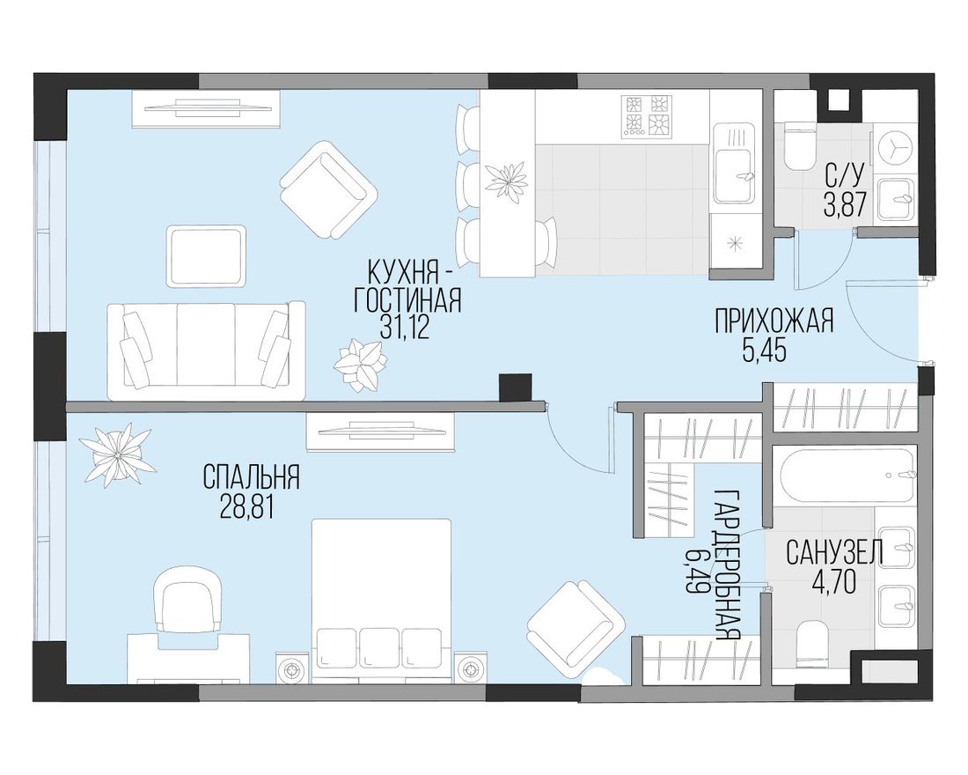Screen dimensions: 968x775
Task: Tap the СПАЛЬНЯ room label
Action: click(x=252, y=477)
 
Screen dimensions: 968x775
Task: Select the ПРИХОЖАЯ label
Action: click(x=774, y=321)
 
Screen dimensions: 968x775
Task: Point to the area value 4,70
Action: click(x=833, y=582)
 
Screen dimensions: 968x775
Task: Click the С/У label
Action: click(x=843, y=176)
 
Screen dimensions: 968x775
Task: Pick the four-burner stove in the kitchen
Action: click(x=647, y=115)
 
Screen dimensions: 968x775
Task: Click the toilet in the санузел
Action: click(x=814, y=644)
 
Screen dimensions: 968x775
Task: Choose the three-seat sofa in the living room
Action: click(x=206, y=351)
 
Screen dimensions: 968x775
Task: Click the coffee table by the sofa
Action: click(x=207, y=256)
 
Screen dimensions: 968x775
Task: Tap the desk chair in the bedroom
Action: click(x=187, y=600)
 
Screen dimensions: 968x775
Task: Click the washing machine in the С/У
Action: click(x=895, y=148)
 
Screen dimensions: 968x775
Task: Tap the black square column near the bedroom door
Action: click(x=515, y=388)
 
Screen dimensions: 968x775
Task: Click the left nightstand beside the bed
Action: click(x=294, y=668)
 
